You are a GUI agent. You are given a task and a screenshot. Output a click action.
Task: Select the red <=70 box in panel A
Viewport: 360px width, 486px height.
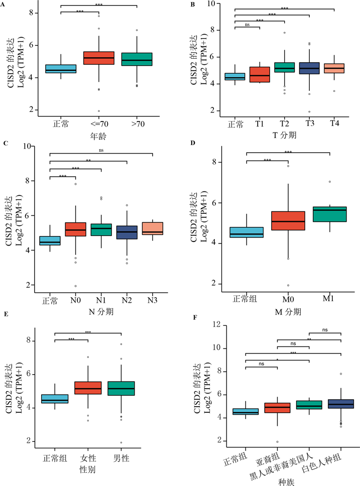click(x=98, y=58)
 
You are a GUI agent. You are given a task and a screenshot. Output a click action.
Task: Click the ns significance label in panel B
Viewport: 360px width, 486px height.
click(x=247, y=24)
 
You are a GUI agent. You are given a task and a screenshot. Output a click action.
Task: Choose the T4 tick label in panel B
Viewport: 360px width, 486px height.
click(x=334, y=124)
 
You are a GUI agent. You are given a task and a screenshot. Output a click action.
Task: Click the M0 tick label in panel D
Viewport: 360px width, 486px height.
click(x=288, y=299)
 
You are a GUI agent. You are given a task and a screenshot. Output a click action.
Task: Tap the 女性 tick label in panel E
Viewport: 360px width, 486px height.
click(x=88, y=457)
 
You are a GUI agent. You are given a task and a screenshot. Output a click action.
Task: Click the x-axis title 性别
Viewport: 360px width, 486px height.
click(x=88, y=470)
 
